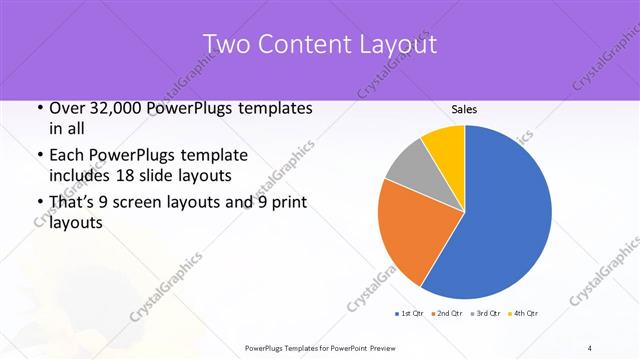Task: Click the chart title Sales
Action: tap(464, 109)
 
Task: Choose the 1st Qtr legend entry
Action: tap(411, 315)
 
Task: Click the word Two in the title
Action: tap(227, 44)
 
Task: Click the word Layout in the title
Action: tap(397, 44)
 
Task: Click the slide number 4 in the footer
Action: tap(590, 348)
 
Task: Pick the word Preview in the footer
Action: tap(394, 348)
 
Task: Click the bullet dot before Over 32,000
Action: tap(39, 108)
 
